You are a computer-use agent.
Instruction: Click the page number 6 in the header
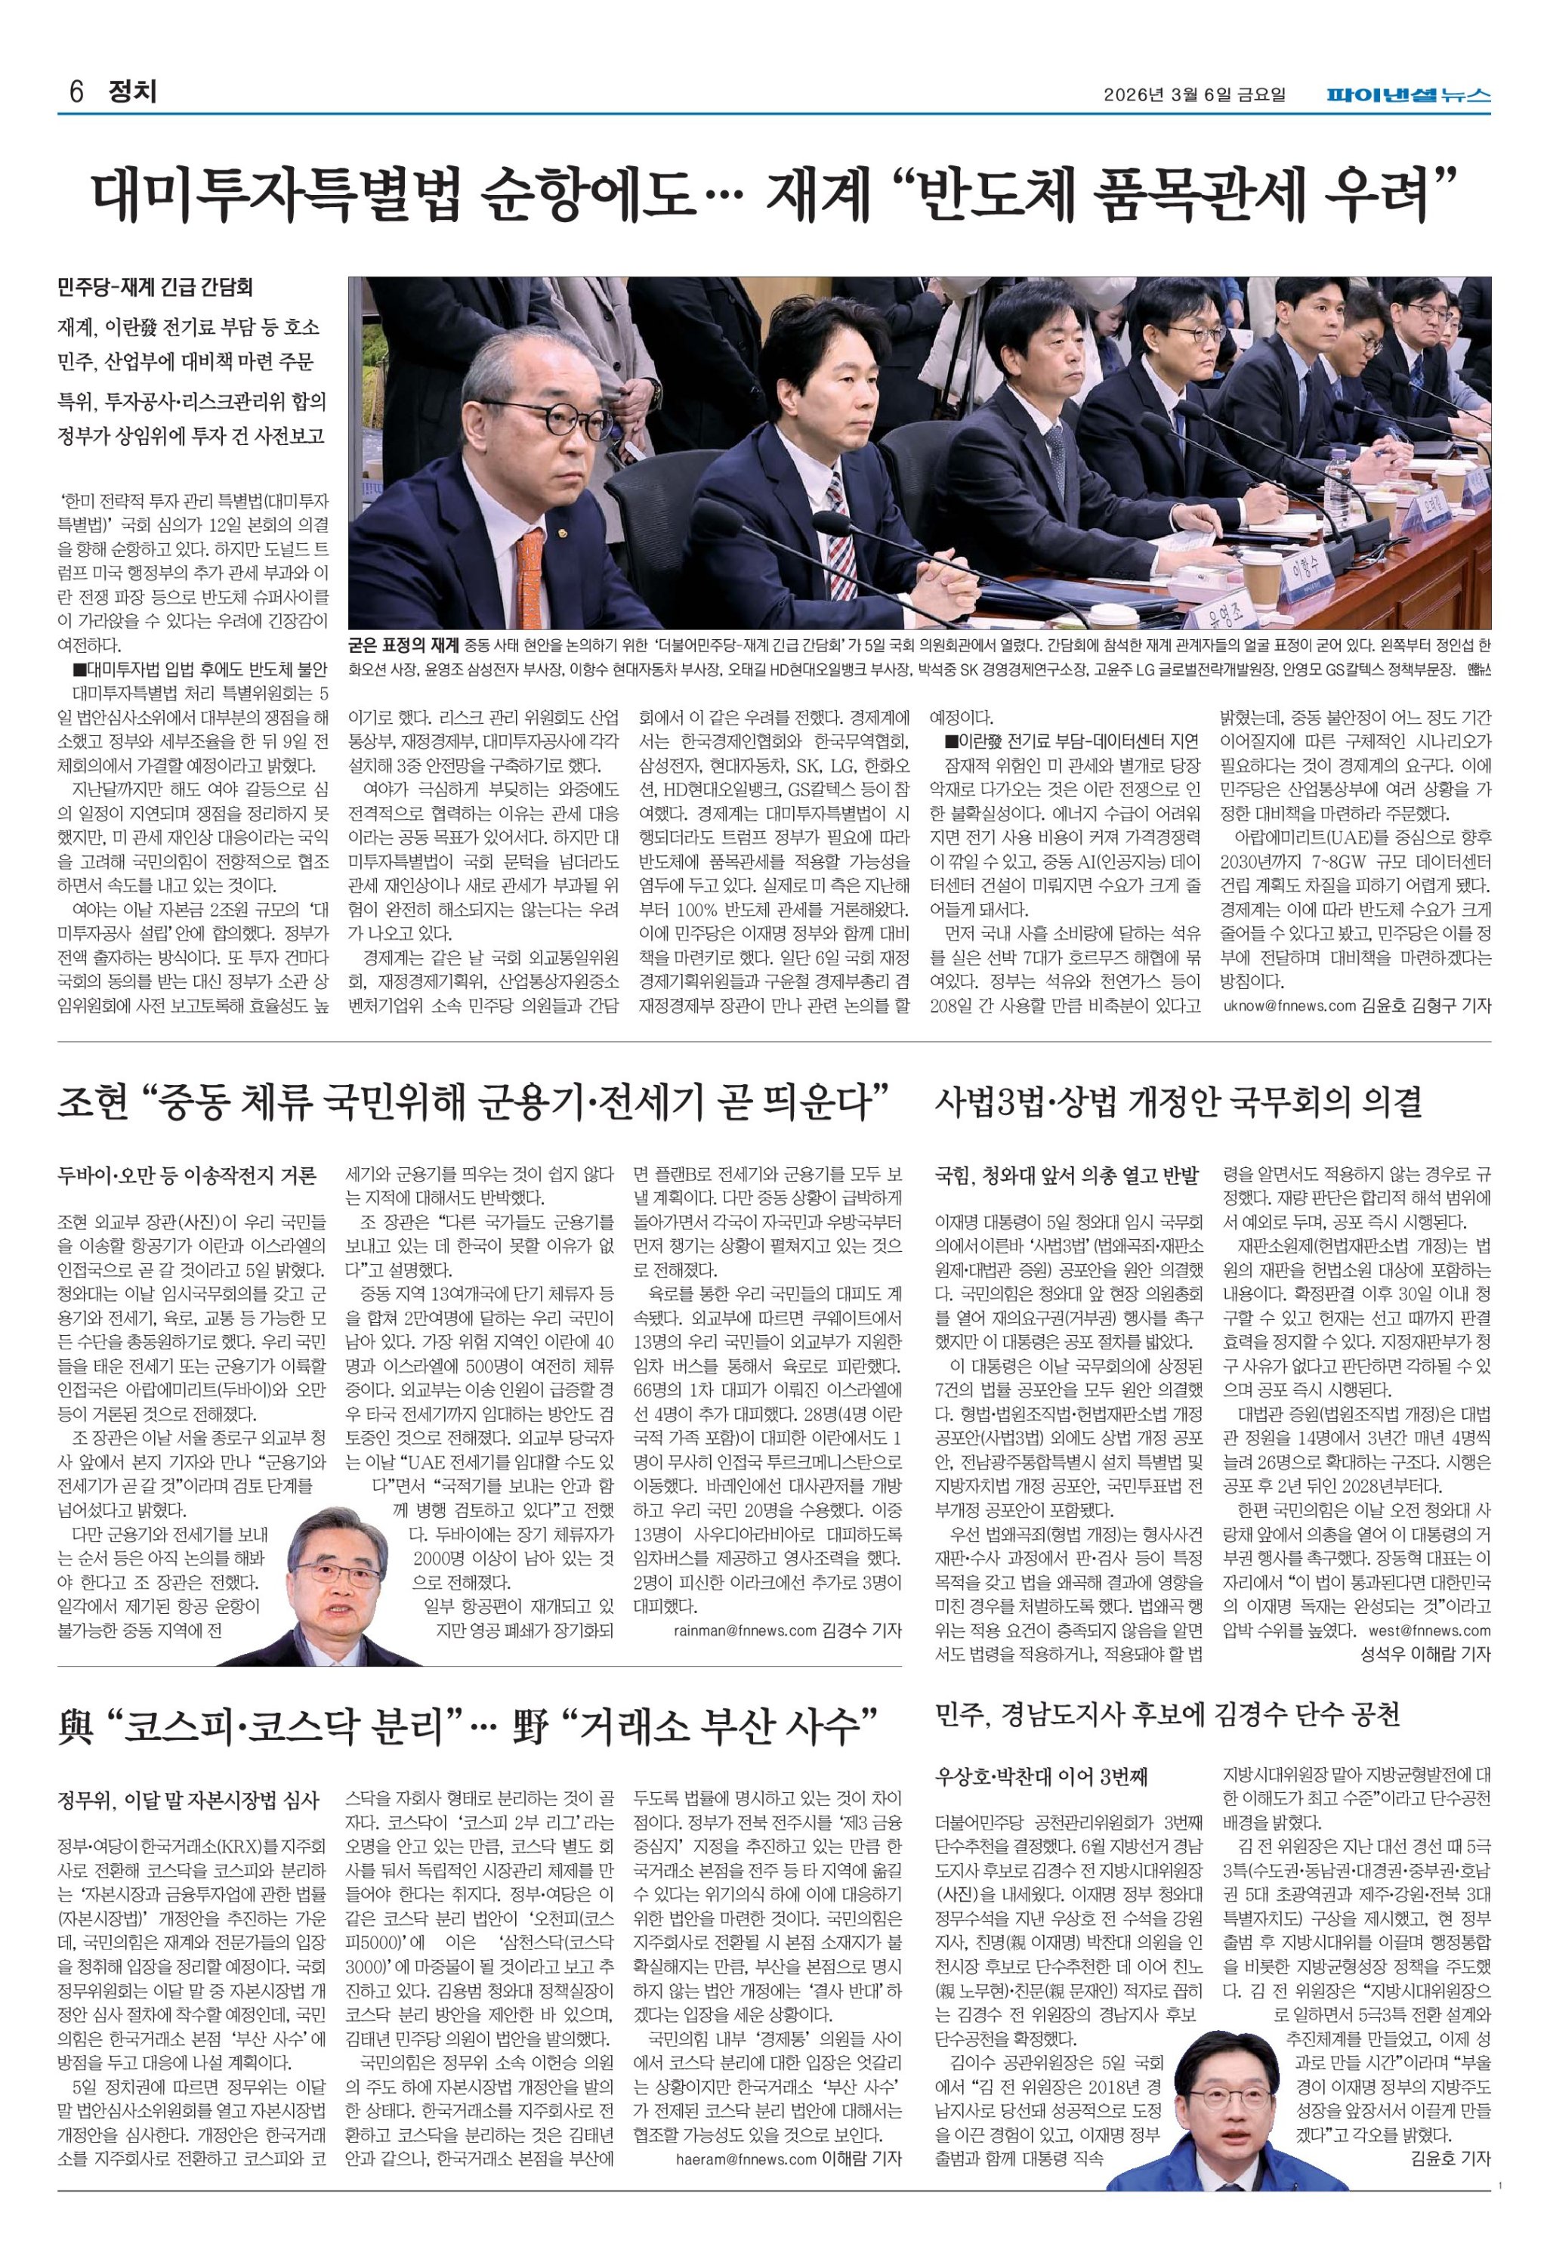[x=76, y=93]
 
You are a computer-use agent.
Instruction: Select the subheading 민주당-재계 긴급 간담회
[x=155, y=287]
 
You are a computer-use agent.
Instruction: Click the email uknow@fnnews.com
[x=1289, y=1006]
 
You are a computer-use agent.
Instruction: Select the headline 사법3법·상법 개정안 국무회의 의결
[x=1178, y=1102]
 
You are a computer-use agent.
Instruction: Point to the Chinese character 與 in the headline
[x=76, y=1726]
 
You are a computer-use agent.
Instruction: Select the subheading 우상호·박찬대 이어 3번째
[x=1040, y=1777]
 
